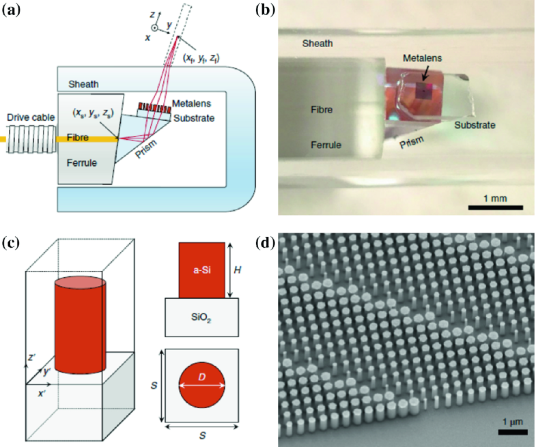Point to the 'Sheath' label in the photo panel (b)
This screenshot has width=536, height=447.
pos(319,44)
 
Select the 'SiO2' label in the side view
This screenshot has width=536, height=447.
pos(201,319)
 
